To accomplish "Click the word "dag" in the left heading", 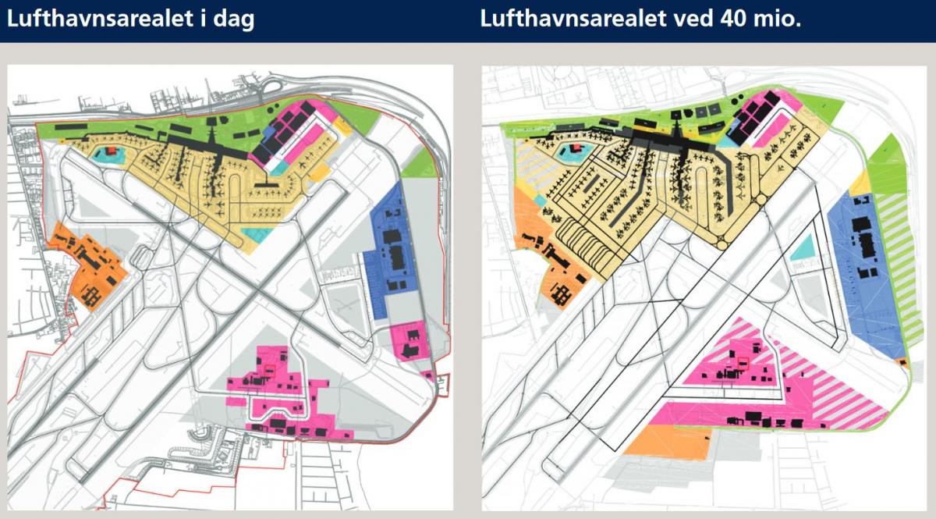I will point(232,20).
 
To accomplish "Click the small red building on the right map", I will point(576,147).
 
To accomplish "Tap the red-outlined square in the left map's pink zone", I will point(270,371).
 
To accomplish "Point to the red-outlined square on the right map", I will point(743,361).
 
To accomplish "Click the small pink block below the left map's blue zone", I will point(409,339).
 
